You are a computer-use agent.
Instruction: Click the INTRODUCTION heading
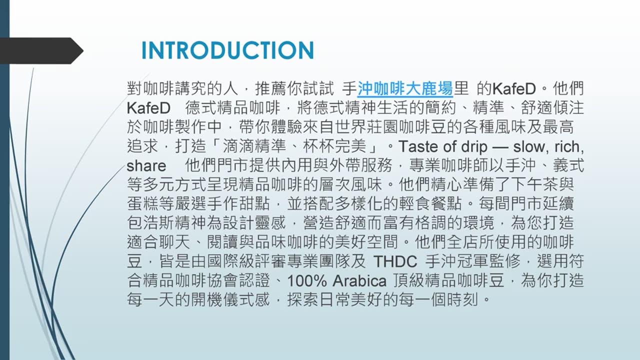click(227, 50)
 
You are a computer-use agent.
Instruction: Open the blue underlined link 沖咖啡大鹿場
click(405, 89)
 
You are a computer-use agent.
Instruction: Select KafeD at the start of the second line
click(148, 108)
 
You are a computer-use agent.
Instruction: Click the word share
click(146, 165)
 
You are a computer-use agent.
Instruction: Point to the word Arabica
click(359, 280)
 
